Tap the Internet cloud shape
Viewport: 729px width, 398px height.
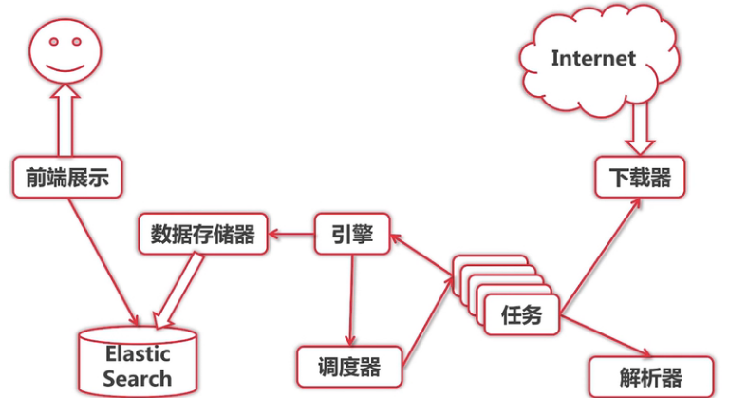[x=593, y=59]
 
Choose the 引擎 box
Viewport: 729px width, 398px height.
[x=352, y=234]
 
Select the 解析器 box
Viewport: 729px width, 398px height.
[x=637, y=374]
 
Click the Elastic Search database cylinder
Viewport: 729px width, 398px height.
[x=138, y=361]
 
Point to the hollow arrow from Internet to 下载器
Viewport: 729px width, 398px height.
[x=638, y=124]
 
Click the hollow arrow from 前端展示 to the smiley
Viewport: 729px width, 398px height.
[x=65, y=120]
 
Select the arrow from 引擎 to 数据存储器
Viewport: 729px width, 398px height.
[x=290, y=234]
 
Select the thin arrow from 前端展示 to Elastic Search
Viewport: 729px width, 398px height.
[x=103, y=256]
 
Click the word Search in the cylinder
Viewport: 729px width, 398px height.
[x=138, y=378]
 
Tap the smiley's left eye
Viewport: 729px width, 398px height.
[x=52, y=41]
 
